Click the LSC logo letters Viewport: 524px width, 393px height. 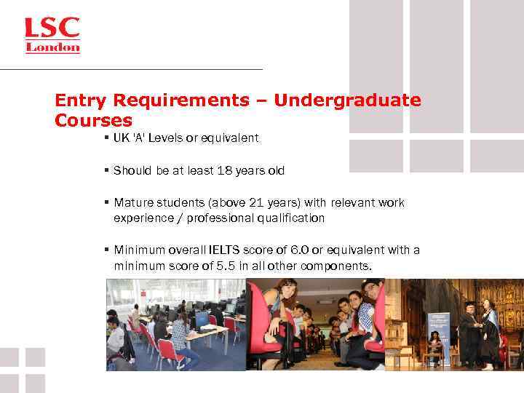52,29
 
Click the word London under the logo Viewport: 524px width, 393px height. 53,48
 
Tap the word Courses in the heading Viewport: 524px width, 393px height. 93,119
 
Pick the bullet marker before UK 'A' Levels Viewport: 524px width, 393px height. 106,138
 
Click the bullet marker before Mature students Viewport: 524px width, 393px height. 106,203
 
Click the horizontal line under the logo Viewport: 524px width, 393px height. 131,69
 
